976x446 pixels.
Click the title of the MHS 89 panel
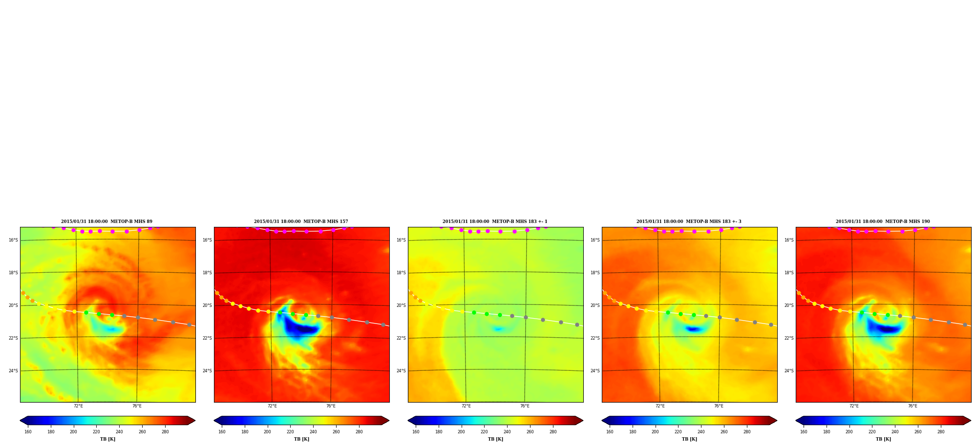tap(106, 222)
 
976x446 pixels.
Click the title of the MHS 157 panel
tap(301, 222)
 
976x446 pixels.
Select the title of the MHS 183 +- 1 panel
tap(495, 222)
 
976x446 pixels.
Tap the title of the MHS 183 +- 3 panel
tap(689, 222)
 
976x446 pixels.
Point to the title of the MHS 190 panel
tap(883, 222)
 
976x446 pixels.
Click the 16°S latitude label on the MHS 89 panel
tap(13, 240)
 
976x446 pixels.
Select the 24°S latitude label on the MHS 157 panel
tap(207, 371)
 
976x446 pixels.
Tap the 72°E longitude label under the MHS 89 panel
tap(78, 406)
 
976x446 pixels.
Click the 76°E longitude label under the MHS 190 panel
tap(912, 406)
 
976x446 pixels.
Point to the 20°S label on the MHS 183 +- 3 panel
tap(595, 305)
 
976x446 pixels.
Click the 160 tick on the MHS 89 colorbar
tap(28, 432)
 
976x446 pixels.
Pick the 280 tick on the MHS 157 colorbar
tap(359, 432)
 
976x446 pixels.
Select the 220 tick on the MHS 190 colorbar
tap(872, 432)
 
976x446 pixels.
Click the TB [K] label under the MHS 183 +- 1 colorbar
tap(495, 439)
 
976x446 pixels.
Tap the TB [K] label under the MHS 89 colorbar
tap(107, 439)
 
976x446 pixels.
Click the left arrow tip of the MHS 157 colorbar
tap(214, 421)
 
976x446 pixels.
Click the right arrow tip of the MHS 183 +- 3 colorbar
tap(777, 421)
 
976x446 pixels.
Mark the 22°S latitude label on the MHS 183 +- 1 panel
tap(401, 338)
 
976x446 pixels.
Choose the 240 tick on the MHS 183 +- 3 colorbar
tap(701, 432)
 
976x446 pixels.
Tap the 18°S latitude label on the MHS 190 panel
tap(789, 273)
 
